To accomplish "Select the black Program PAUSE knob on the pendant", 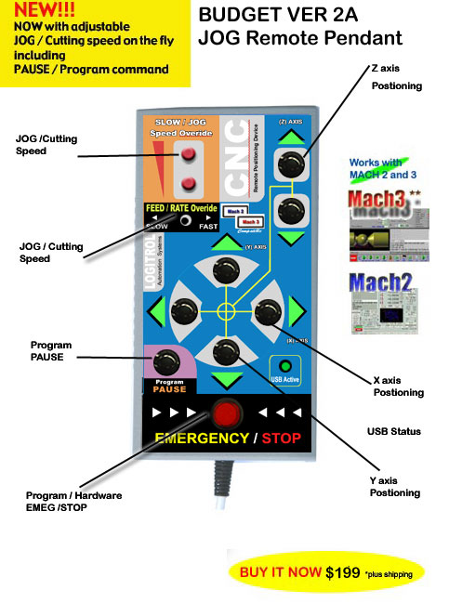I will [168, 360].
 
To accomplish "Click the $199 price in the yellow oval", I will [345, 573].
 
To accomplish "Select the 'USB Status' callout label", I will [394, 431].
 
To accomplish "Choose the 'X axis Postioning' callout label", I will [398, 386].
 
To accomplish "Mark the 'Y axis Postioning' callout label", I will [394, 486].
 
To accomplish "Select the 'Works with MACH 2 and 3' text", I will [378, 169].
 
